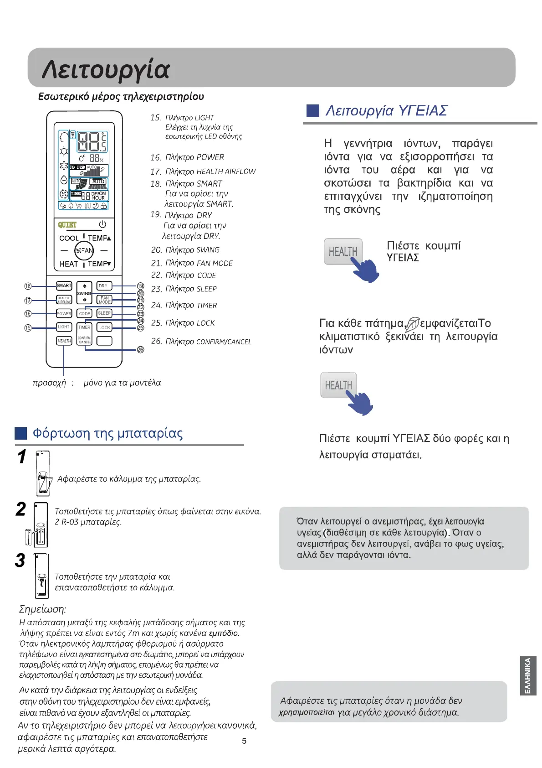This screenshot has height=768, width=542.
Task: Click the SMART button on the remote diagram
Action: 64,285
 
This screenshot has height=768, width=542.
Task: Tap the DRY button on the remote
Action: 104,286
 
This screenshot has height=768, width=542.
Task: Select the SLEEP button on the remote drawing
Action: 104,313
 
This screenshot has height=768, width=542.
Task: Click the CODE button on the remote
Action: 84,314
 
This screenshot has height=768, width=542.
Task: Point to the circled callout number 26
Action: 141,350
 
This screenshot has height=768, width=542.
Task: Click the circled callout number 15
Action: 28,327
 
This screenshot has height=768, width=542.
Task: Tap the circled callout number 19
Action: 141,286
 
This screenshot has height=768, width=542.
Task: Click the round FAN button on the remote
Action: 84,250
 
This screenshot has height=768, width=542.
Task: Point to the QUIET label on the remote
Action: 67,225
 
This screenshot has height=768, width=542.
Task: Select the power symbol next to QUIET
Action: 102,224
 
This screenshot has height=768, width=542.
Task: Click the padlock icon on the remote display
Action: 104,206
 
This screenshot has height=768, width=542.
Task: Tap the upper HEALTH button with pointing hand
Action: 343,251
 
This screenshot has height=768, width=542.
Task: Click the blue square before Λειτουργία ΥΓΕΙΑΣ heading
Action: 313,111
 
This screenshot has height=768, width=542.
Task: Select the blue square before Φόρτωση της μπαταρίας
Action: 21,433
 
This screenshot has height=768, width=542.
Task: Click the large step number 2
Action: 21,509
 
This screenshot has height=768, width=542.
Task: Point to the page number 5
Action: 244,741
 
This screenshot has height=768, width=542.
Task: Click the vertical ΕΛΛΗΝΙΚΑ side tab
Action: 528,675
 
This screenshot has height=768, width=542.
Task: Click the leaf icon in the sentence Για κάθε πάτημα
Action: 412,324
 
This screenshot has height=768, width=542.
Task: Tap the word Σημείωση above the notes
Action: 42,609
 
